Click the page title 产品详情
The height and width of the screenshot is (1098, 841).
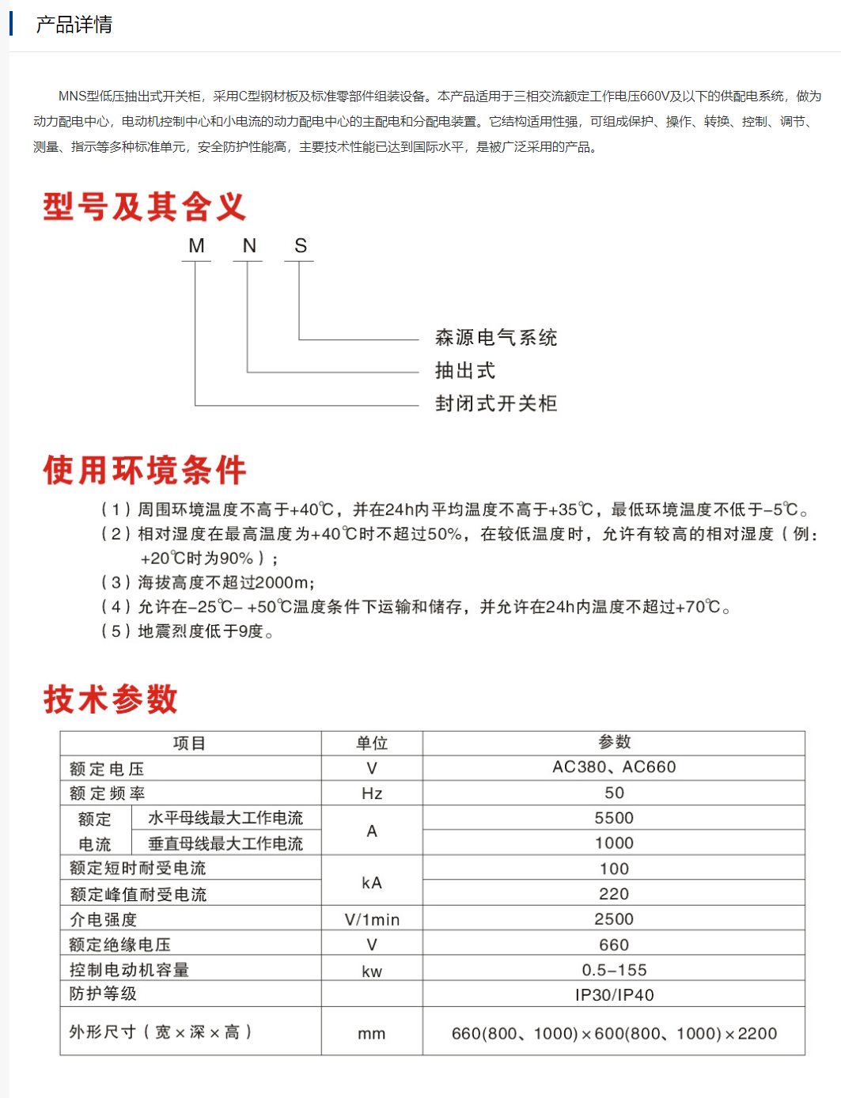pos(74,25)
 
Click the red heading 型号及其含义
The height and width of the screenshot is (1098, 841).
pos(145,207)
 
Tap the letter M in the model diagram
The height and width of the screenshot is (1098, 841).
pos(196,246)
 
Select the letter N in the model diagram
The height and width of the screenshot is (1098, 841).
pos(249,246)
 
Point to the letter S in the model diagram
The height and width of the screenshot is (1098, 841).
pos(301,246)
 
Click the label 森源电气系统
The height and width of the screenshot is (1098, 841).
pos(496,338)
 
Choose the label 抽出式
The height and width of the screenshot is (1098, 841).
pos(465,371)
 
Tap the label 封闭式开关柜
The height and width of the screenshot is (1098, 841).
pos(496,403)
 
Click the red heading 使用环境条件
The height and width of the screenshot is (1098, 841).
pos(145,470)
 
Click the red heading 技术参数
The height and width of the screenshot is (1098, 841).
pos(111,699)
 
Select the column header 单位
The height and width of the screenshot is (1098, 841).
pos(372,743)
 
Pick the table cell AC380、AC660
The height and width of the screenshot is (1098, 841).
pos(614,767)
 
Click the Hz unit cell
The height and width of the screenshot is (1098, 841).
pos(372,793)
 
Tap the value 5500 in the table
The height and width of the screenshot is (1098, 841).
pos(614,818)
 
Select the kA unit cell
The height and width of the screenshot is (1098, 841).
pos(372,883)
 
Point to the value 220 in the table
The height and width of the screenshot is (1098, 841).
pos(614,894)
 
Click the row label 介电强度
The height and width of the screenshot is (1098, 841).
pos(103,919)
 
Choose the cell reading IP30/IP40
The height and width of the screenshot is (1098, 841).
pos(614,995)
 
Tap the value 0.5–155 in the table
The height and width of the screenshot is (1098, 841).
pos(614,970)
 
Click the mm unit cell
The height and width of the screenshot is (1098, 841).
pos(372,1033)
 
